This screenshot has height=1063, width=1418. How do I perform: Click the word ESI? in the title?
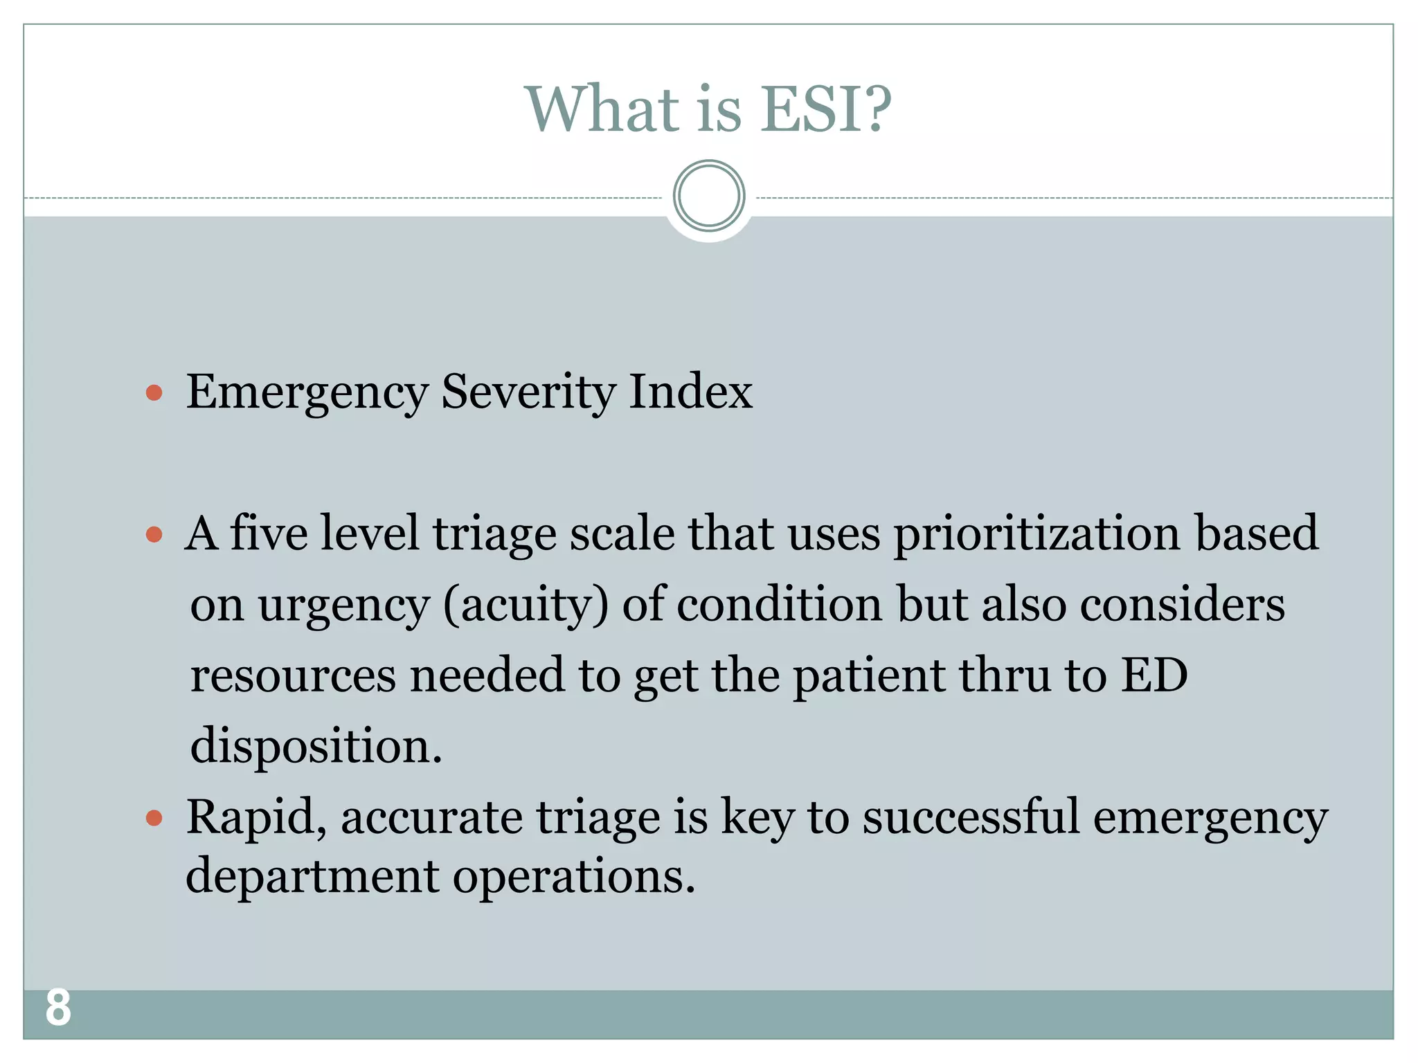[x=825, y=109]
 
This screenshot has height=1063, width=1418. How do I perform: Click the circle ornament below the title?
[x=709, y=196]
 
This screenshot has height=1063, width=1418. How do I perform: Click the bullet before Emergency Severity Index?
[x=154, y=394]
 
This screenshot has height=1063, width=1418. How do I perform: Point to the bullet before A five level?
[x=154, y=535]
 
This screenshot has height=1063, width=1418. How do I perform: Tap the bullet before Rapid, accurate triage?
[x=154, y=819]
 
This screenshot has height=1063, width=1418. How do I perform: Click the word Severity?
[x=528, y=392]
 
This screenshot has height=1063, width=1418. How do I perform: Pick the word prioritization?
[x=1037, y=534]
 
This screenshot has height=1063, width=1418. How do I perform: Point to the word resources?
[x=293, y=675]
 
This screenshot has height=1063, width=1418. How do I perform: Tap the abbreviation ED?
[x=1154, y=675]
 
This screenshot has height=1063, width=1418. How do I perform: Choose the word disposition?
[x=316, y=747]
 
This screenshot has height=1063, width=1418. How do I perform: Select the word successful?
[x=971, y=817]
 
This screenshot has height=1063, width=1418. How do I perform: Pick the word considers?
[x=1182, y=605]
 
